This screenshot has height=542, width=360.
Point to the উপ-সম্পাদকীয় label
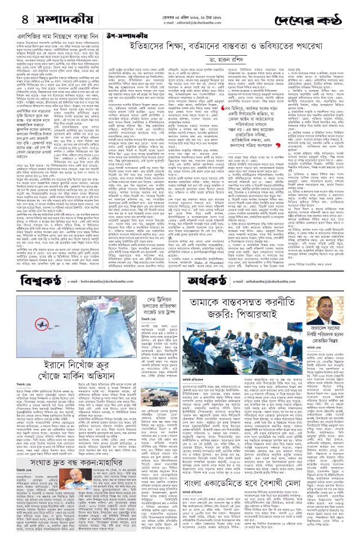[109, 35]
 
